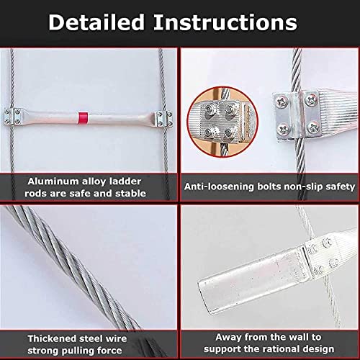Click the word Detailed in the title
pos(96,22)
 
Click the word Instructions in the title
pos(225,22)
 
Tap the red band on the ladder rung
pos(83,118)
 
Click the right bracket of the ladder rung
pos(163,119)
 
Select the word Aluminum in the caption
pos(53,181)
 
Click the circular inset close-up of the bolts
pos(222,122)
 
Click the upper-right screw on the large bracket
pos(312,100)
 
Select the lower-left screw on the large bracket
pos(284,130)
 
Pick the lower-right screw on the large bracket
pos(313,127)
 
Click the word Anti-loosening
pos(218,186)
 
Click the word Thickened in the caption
pos(51,338)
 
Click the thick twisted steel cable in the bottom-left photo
pos(72,266)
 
